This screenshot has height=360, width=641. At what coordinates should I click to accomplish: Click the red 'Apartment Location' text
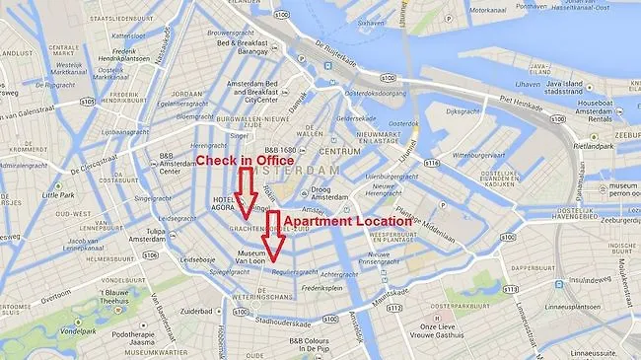[346, 222]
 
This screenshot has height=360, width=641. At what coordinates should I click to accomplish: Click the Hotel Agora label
[224, 203]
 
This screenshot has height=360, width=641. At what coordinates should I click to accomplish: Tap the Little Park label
[50, 195]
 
